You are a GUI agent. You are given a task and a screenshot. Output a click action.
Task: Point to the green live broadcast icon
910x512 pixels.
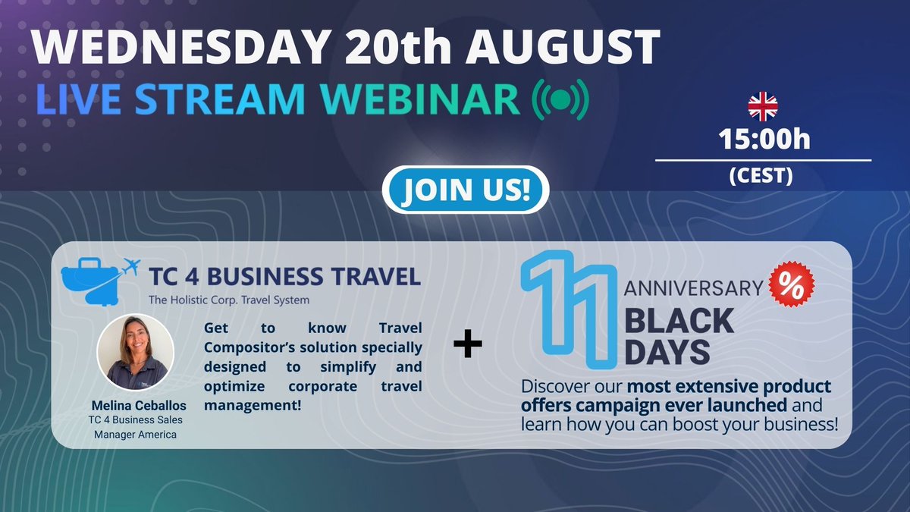(560, 99)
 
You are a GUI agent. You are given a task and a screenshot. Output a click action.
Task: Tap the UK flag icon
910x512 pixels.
(763, 107)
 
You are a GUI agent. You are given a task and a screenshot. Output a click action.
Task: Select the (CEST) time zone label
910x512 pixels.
(761, 176)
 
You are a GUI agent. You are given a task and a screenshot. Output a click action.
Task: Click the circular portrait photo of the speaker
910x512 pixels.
(136, 351)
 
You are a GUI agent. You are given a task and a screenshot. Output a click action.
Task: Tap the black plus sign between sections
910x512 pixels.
(468, 345)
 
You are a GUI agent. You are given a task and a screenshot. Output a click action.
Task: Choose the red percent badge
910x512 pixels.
(792, 286)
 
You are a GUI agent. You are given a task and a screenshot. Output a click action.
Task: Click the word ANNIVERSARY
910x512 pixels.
(692, 287)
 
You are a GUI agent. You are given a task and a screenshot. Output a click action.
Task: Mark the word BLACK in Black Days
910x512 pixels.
(679, 322)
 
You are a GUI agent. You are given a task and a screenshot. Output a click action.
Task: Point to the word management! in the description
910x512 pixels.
(253, 406)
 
